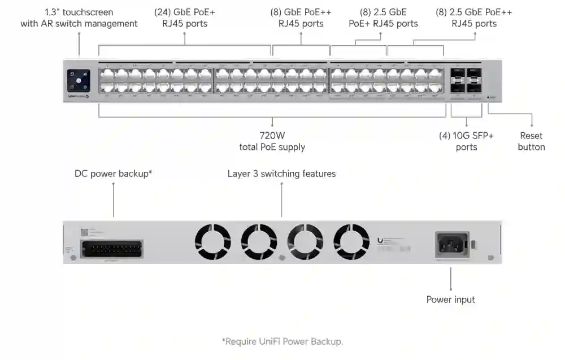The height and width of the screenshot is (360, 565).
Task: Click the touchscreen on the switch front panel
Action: pyautogui.click(x=79, y=80)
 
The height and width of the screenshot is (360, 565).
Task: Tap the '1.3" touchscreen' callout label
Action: pyautogui.click(x=79, y=18)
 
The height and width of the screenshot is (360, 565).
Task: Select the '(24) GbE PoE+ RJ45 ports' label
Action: pyautogui.click(x=185, y=18)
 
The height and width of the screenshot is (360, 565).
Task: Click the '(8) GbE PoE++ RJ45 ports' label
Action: pyautogui.click(x=301, y=18)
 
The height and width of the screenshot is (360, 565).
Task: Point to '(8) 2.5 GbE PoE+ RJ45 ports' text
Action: pyautogui.click(x=383, y=18)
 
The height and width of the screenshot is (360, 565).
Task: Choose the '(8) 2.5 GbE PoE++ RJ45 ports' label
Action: pyautogui.click(x=475, y=18)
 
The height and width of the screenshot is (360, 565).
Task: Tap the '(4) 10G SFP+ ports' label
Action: pyautogui.click(x=466, y=141)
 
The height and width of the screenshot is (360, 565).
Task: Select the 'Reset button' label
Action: pyautogui.click(x=531, y=141)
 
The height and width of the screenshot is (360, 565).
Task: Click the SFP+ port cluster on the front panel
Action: pyautogui.click(x=466, y=80)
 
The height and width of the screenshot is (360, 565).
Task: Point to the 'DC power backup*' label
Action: pyautogui.click(x=114, y=174)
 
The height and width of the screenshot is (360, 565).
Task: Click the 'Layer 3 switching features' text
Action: pyautogui.click(x=281, y=174)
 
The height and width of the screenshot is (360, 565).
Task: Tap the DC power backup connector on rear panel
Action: pyautogui.click(x=112, y=249)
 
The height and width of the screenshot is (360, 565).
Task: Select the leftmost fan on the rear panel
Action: pyautogui.click(x=213, y=242)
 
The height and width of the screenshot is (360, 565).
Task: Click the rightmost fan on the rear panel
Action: pyautogui.click(x=351, y=242)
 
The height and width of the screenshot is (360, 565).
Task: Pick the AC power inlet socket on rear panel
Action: pyautogui.click(x=451, y=245)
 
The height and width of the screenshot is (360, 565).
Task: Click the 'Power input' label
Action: pyautogui.click(x=450, y=300)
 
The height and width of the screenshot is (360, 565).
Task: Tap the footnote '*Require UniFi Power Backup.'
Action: pyautogui.click(x=282, y=341)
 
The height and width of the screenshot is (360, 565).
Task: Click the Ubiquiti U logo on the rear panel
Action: pyautogui.click(x=380, y=240)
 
